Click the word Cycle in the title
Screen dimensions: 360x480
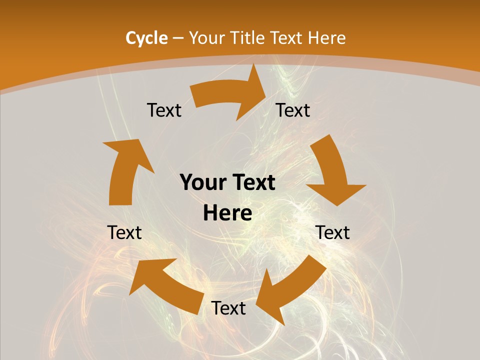[146, 38]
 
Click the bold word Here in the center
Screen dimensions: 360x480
[227, 213]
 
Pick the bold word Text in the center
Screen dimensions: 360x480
[252, 183]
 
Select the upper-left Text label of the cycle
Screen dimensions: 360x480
[164, 110]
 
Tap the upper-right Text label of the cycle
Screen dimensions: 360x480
[293, 110]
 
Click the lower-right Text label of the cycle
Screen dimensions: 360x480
[332, 232]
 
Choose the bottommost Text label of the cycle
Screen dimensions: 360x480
[228, 308]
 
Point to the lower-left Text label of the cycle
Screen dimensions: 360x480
[124, 232]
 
